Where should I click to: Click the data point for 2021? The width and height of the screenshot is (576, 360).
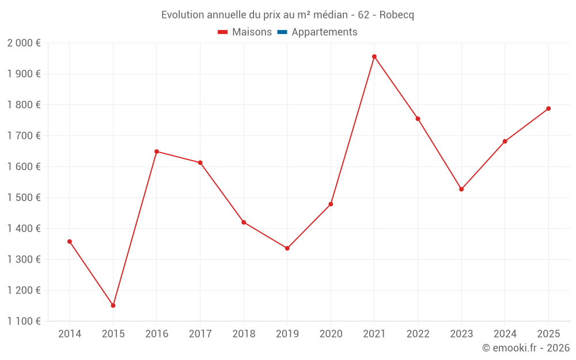[x=374, y=56]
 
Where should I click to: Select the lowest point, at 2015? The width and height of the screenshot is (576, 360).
[x=113, y=305]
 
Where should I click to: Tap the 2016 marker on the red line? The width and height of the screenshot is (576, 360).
[x=157, y=151]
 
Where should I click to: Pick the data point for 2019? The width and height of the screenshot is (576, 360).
[x=287, y=248]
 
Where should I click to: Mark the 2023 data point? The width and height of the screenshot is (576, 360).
[x=461, y=189]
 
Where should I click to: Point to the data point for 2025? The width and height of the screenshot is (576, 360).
[x=548, y=108]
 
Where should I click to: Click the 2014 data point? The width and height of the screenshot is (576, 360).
[x=70, y=241]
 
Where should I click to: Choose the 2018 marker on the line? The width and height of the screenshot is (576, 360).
[x=244, y=222]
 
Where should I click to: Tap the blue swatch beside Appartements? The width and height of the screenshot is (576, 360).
[x=282, y=32]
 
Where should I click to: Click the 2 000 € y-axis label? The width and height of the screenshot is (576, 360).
[x=24, y=43]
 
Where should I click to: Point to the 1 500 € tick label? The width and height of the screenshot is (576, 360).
[x=24, y=198]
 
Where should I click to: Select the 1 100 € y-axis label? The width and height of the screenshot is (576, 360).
[x=24, y=321]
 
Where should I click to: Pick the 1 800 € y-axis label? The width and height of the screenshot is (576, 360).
[x=24, y=105]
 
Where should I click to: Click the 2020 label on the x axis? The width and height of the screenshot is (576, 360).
[x=331, y=334]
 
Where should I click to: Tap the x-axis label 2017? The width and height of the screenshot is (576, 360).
[x=200, y=334]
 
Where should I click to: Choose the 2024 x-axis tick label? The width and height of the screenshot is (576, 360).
[x=505, y=334]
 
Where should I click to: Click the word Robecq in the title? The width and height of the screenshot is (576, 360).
[x=397, y=15]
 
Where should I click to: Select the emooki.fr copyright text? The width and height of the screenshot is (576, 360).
[x=525, y=348]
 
